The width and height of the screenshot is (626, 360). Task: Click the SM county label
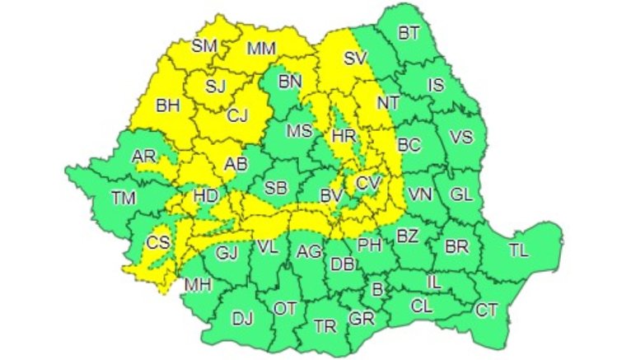click(203, 46)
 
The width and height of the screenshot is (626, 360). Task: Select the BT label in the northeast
click(409, 34)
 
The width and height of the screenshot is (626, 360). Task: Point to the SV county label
click(355, 58)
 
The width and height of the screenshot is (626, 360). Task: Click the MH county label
click(198, 285)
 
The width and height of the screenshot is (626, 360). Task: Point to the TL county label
click(519, 250)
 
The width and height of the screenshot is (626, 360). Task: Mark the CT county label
click(487, 310)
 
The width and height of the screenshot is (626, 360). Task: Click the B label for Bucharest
click(378, 289)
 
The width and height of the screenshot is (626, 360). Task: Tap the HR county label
click(342, 134)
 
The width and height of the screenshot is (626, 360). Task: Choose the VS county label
click(462, 137)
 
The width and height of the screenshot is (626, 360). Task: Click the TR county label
click(325, 326)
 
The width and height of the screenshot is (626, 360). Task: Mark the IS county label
click(437, 84)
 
